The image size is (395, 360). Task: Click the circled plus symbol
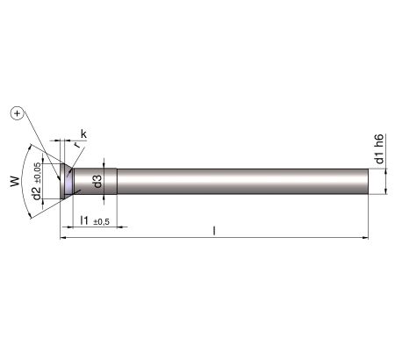(18, 113)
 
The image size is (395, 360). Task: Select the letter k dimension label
(83, 134)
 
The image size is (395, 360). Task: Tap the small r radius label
(76, 145)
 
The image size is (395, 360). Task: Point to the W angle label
(15, 181)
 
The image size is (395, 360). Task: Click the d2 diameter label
(37, 193)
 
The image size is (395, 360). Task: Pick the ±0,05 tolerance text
(38, 173)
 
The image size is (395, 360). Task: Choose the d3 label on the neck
(97, 181)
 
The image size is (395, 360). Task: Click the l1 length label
(84, 220)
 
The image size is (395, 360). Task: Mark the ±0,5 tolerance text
(101, 222)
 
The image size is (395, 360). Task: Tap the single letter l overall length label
(214, 231)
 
